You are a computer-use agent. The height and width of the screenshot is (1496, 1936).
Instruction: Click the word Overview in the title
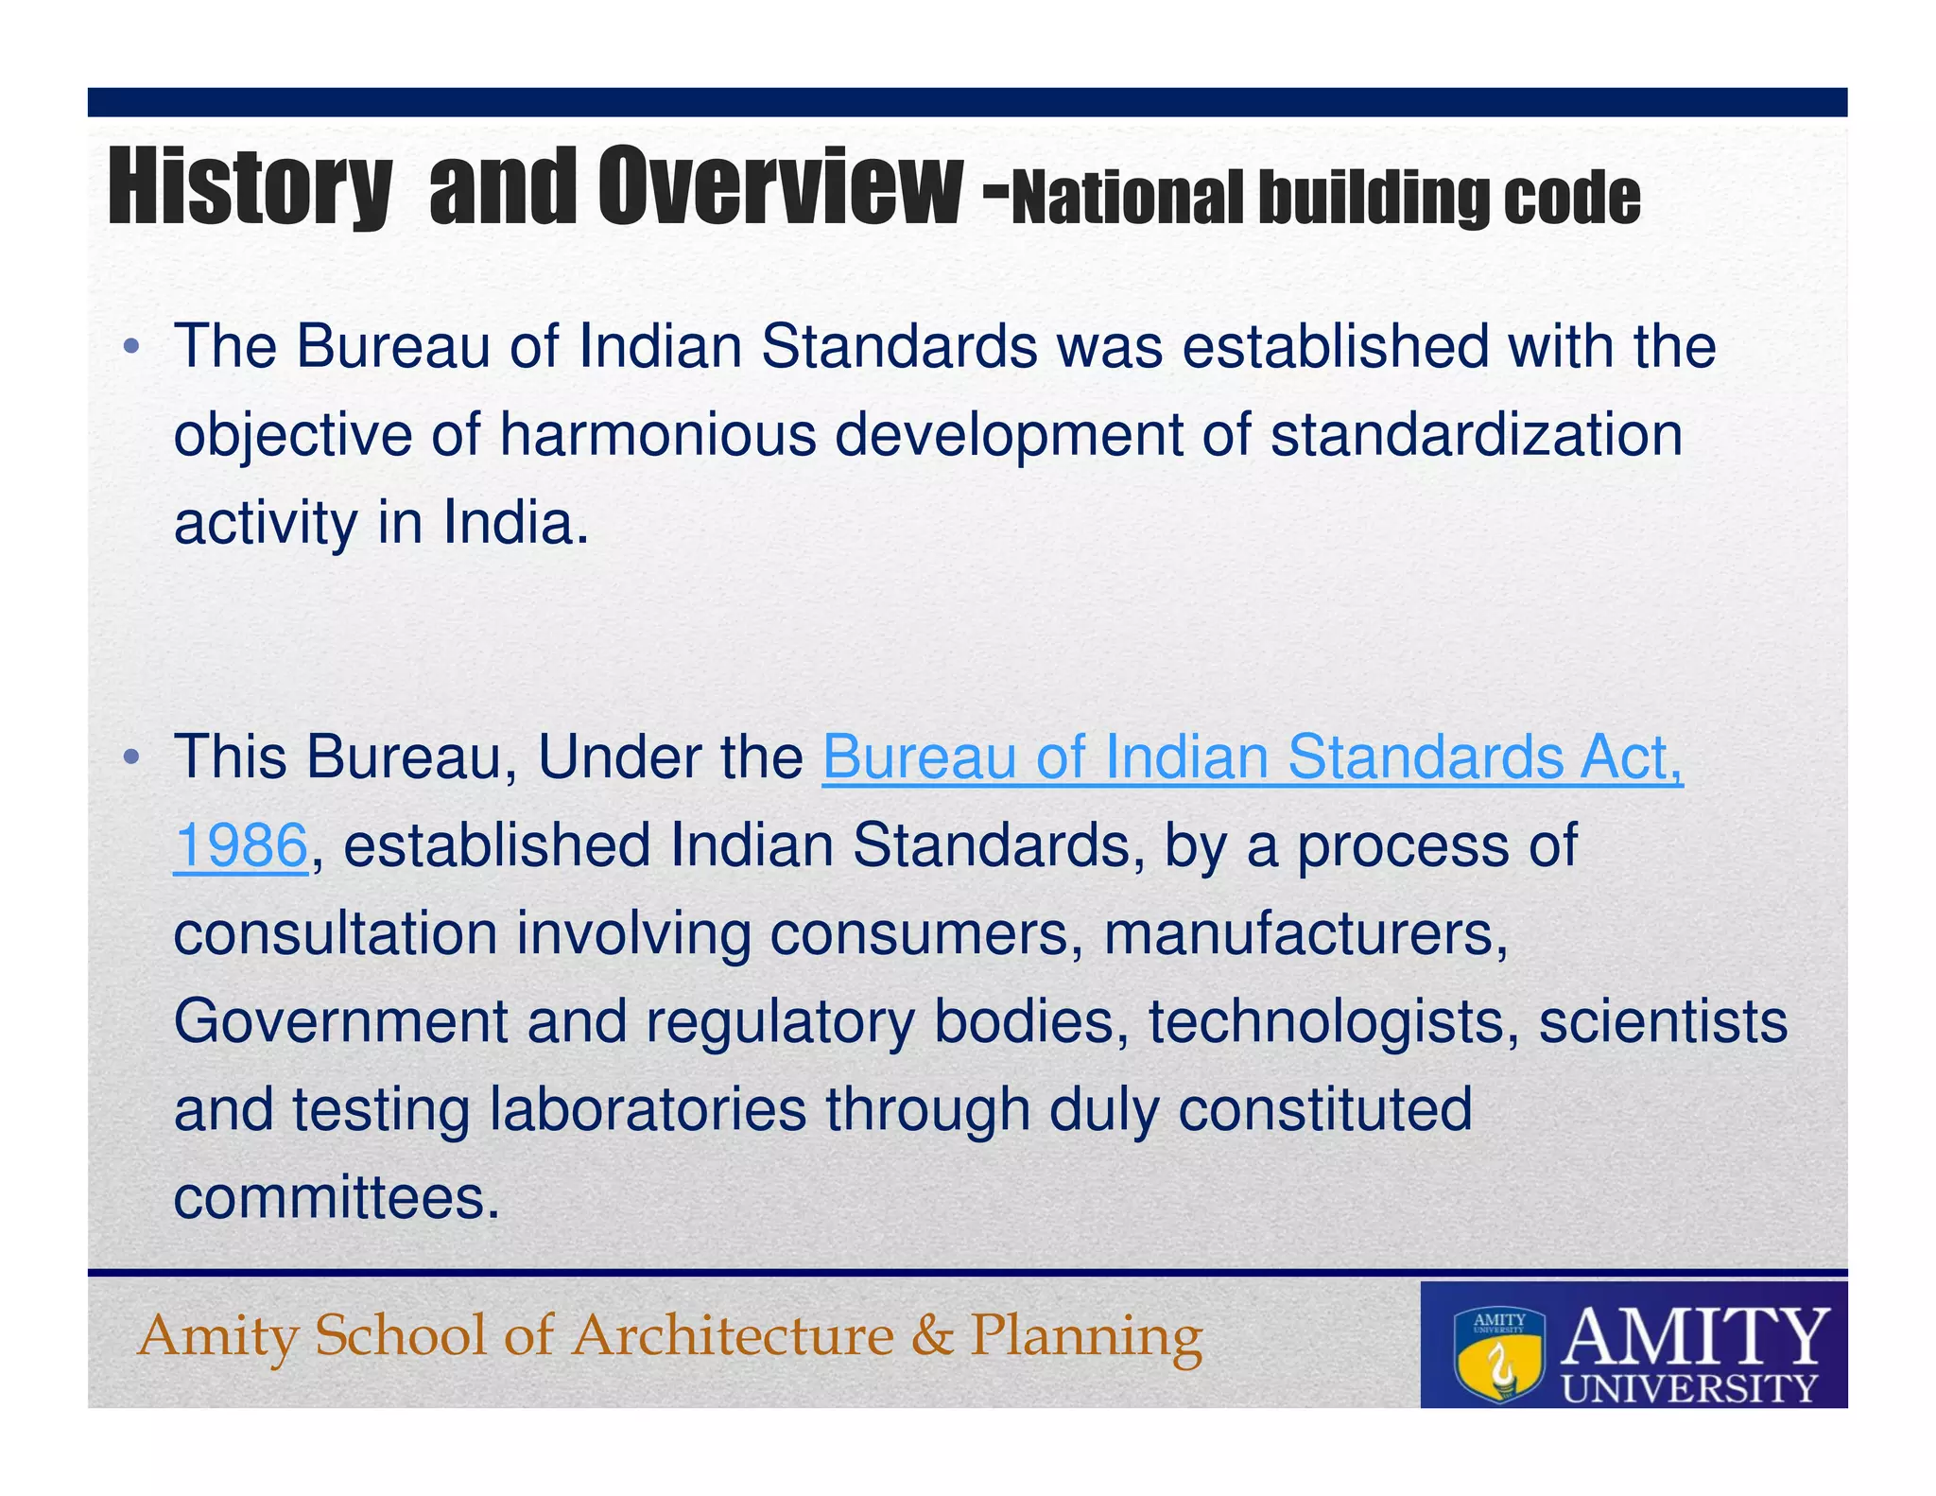click(780, 187)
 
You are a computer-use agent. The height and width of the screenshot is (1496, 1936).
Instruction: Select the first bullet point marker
click(131, 348)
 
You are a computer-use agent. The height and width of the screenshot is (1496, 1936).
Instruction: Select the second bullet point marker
click(131, 758)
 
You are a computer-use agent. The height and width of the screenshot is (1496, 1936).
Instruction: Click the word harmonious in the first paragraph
click(657, 435)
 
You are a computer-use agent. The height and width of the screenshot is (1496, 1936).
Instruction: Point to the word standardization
click(1476, 435)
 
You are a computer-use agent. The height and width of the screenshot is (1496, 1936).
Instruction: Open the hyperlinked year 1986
click(241, 845)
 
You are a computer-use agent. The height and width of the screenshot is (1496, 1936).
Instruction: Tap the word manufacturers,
click(1305, 933)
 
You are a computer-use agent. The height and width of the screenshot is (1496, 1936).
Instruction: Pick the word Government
click(340, 1022)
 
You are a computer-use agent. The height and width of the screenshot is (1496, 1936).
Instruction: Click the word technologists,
click(1334, 1022)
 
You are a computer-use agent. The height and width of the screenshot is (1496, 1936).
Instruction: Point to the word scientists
click(1663, 1022)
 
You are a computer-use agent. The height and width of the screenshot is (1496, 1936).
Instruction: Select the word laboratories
click(648, 1109)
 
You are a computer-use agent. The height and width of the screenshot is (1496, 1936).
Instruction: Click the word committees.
click(336, 1198)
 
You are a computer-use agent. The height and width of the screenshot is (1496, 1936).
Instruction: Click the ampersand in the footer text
click(932, 1336)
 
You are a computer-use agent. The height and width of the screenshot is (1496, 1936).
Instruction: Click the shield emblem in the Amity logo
click(1499, 1353)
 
